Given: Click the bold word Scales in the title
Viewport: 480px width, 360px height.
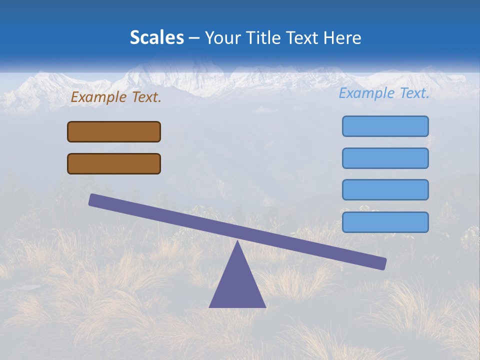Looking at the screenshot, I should point(157,37).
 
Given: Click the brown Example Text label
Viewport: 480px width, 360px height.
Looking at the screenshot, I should point(116,97).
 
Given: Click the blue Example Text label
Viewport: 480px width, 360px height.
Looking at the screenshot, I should point(384,93).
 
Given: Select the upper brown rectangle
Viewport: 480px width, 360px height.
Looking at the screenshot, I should point(114,131).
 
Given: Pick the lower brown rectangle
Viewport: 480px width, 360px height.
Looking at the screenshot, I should point(114,163).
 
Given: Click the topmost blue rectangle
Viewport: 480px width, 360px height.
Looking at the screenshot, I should point(385,126).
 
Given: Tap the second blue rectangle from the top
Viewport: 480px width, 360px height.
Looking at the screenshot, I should point(385,158).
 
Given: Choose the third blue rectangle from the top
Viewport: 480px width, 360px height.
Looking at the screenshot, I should point(385,189).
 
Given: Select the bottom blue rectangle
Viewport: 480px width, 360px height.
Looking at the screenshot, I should point(385,222).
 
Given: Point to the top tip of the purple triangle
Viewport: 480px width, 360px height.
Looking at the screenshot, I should point(237,242).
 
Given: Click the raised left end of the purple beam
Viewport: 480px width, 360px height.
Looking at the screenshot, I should point(93,199).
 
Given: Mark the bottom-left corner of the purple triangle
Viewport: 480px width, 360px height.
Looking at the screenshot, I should point(210,306).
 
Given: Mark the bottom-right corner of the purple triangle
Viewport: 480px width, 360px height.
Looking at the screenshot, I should point(265,306).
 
